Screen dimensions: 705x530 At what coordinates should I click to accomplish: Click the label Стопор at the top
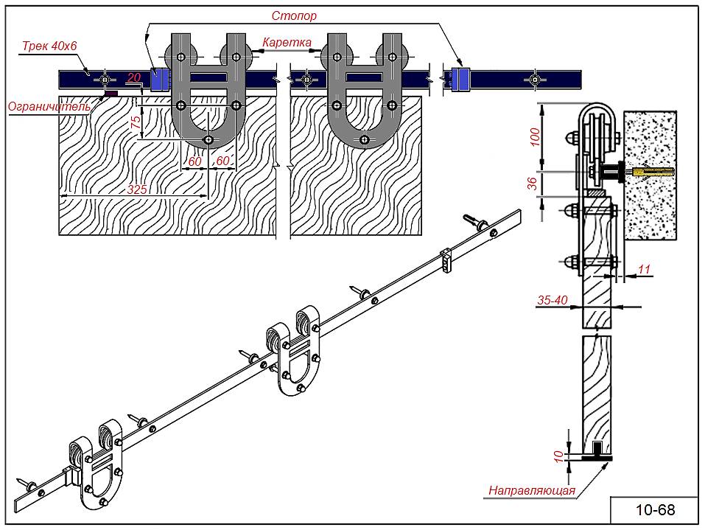point(294,15)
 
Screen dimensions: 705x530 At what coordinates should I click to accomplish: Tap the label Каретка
point(287,43)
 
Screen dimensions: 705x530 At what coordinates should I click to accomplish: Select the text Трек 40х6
point(49,46)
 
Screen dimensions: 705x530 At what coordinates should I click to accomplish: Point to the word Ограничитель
point(49,107)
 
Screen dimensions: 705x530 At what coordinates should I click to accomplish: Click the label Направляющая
point(532,490)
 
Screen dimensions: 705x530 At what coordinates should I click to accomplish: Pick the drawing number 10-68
point(656,510)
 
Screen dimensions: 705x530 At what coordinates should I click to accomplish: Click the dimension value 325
point(137,189)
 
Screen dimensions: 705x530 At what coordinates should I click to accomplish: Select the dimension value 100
point(535,137)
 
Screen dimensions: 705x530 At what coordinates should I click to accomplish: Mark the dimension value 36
point(533,183)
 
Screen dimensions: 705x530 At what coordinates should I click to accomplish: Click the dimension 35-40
point(553,299)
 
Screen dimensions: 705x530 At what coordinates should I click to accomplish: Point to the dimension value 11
point(644,269)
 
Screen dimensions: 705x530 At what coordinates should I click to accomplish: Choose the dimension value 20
point(133,78)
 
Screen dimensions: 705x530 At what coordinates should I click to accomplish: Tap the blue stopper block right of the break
point(461,80)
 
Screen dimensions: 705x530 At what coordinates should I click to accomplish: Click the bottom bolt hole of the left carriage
point(208,140)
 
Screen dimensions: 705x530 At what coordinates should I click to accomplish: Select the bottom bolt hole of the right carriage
point(364,140)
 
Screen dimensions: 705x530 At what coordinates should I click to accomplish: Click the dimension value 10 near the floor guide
point(558,457)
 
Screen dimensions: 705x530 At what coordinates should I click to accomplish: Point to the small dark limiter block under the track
point(111,94)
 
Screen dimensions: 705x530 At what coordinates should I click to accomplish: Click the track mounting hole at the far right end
point(535,80)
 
